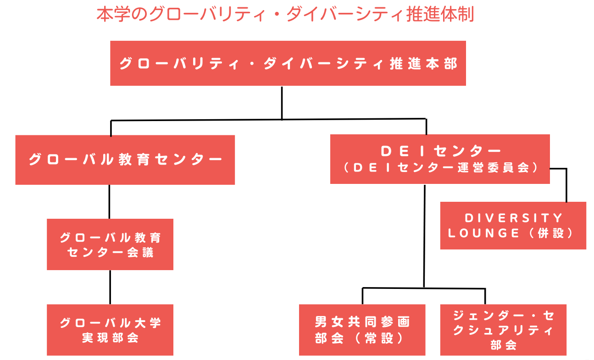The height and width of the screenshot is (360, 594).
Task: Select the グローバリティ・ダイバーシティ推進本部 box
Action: [288, 63]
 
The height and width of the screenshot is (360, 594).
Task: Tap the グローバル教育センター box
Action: [125, 160]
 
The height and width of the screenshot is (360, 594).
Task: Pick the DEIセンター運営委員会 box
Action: [439, 159]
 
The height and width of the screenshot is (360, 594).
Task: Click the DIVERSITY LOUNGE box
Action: [513, 225]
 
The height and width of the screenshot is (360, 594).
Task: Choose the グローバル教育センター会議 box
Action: [110, 244]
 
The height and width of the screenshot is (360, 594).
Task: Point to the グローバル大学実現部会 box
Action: [110, 330]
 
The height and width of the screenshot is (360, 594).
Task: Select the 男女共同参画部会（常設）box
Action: [362, 330]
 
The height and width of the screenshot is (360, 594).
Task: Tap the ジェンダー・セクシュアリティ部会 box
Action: [503, 330]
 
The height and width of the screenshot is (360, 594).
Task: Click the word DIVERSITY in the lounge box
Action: [513, 217]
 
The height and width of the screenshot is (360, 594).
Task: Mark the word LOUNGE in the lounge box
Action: [484, 233]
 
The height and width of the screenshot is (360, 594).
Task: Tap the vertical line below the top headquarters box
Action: [282, 103]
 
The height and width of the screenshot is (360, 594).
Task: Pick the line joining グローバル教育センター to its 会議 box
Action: [109, 202]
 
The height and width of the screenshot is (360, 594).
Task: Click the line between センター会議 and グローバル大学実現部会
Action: [110, 287]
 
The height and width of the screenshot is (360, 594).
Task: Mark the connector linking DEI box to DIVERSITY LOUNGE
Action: [566, 183]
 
